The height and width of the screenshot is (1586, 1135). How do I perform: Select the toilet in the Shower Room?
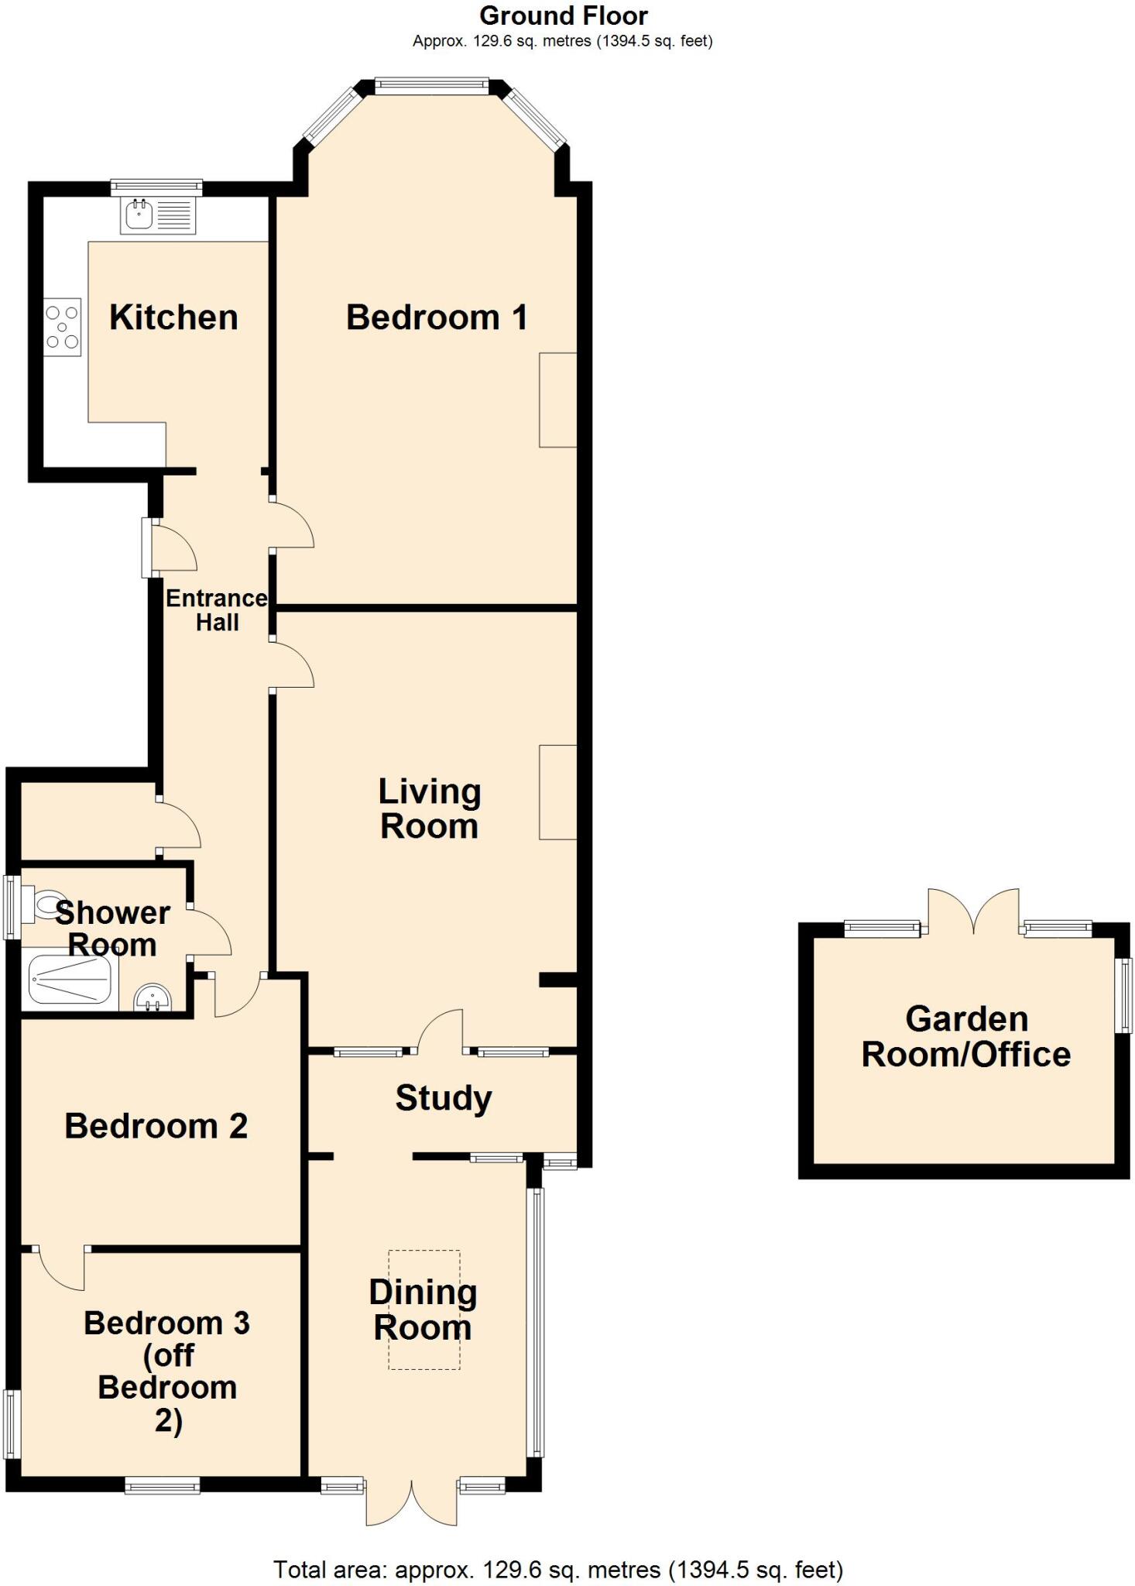point(43,905)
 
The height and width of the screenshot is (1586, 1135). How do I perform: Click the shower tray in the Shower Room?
point(70,980)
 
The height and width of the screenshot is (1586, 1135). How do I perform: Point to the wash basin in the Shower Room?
point(152,999)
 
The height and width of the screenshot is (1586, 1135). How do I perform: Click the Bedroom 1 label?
point(437,318)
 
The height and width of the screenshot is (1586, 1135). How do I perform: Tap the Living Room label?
point(429,809)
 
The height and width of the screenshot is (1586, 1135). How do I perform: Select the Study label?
point(444,1098)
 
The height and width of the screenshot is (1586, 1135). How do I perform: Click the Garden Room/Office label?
point(966,1037)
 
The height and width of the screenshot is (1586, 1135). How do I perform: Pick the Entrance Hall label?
point(217,610)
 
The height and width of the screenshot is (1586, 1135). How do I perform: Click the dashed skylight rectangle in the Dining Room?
point(423,1310)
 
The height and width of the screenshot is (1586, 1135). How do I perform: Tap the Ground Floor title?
point(563,15)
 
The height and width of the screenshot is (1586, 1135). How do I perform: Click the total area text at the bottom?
point(557,1569)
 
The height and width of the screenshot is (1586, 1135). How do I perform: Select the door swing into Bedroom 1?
point(293,525)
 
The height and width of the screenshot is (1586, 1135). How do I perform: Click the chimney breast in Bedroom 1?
point(557,400)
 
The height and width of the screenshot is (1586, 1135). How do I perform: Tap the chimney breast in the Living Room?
point(557,791)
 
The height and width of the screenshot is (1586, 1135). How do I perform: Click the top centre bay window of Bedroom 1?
point(431,85)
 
